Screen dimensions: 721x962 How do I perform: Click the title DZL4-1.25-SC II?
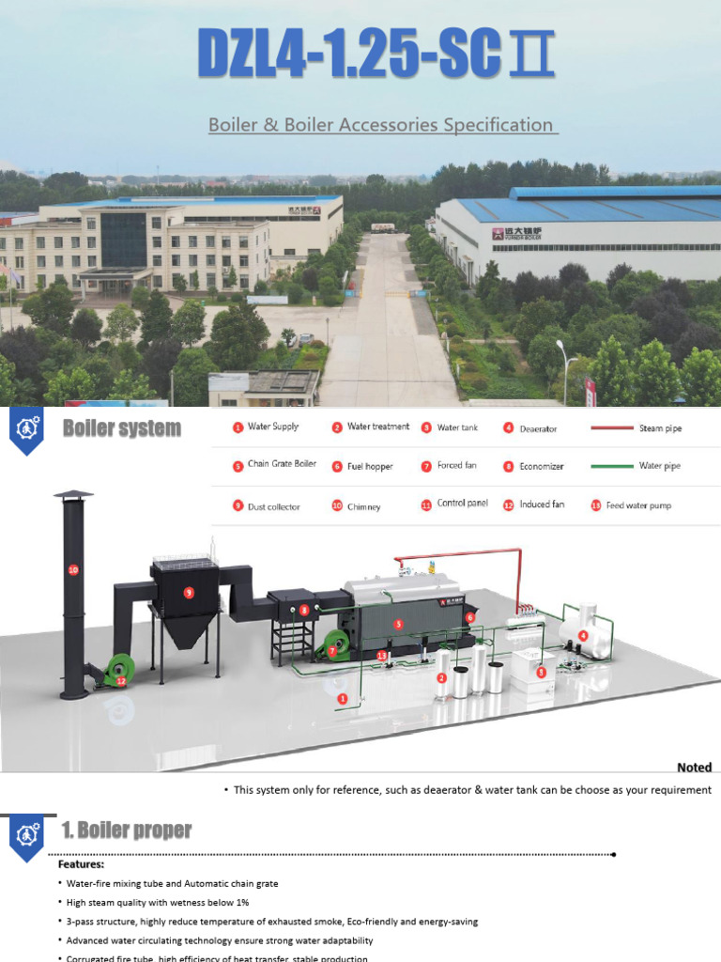tap(376, 55)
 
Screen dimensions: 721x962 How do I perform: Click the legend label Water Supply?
tap(272, 427)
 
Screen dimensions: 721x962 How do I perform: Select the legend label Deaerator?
tap(538, 429)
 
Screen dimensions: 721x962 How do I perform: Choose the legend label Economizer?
tap(541, 466)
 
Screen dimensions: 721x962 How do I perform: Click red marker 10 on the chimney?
tap(73, 569)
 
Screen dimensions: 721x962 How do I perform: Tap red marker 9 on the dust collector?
tap(189, 593)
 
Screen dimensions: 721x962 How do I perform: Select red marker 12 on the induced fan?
tap(120, 680)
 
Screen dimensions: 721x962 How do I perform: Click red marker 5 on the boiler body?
tap(398, 624)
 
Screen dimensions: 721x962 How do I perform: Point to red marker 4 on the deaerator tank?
tap(583, 636)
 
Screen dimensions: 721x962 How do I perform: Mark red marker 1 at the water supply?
tap(343, 699)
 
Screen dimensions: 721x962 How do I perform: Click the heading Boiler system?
tap(121, 429)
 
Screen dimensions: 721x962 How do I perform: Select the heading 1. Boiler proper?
tap(126, 830)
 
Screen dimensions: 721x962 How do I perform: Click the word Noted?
tap(694, 768)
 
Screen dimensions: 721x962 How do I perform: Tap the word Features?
tap(82, 864)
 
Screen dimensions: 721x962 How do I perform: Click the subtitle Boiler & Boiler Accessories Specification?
tap(382, 125)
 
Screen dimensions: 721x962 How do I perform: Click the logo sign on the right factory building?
tap(517, 233)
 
